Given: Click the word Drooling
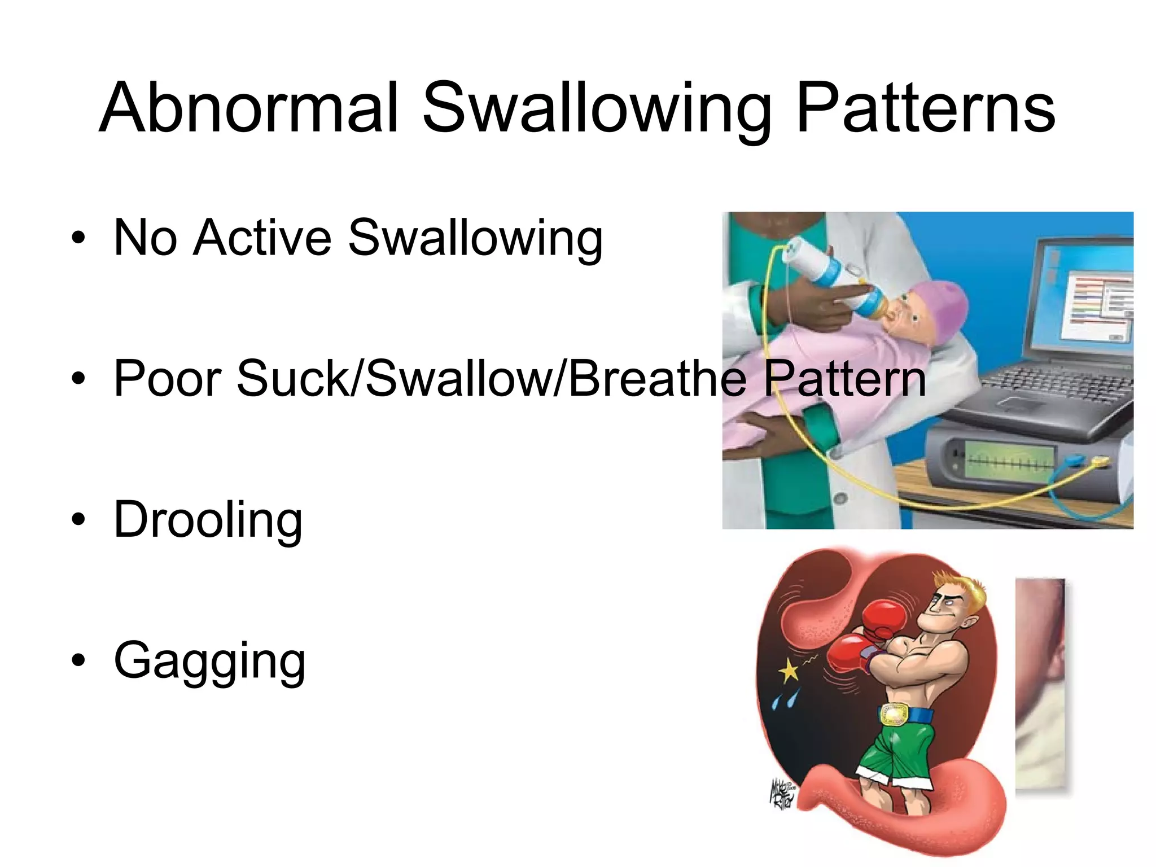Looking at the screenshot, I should [208, 519].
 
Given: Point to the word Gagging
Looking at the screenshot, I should [209, 660].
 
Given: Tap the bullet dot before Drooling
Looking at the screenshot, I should [78, 519].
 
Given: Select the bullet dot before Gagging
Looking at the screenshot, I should [78, 660].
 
